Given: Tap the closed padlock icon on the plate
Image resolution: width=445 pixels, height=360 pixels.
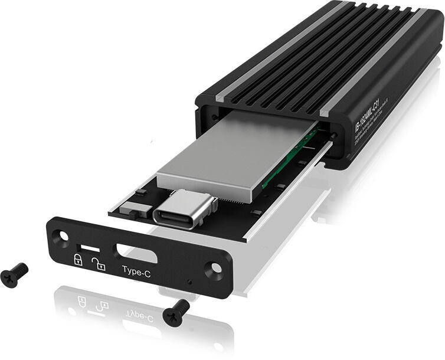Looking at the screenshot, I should tap(77, 258).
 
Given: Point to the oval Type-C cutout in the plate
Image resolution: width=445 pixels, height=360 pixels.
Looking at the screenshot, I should tap(136, 253).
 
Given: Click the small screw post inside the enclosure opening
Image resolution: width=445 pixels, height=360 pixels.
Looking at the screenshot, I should tap(334, 136).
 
